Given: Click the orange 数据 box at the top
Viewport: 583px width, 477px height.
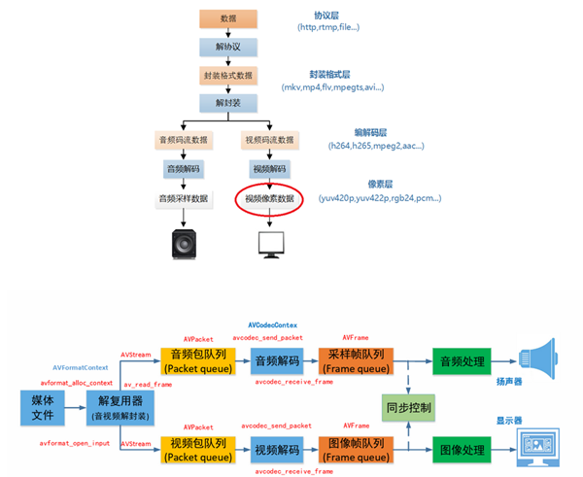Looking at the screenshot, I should click(x=227, y=18).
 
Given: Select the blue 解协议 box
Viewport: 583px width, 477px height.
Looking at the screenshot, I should click(x=227, y=47).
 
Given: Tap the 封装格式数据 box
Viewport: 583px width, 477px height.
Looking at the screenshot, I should click(x=227, y=75).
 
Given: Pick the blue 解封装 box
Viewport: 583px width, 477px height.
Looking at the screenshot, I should click(x=227, y=102).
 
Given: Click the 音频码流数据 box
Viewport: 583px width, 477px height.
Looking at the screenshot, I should click(x=183, y=142).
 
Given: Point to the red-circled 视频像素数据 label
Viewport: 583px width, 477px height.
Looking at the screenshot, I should click(x=269, y=198).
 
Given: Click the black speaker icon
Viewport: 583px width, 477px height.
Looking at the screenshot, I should click(x=183, y=243).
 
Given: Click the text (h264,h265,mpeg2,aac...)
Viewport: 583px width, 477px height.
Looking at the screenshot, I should click(x=375, y=146).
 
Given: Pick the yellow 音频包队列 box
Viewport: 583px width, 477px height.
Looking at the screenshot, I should click(x=195, y=362).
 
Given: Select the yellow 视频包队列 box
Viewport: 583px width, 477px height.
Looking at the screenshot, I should click(x=195, y=450).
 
